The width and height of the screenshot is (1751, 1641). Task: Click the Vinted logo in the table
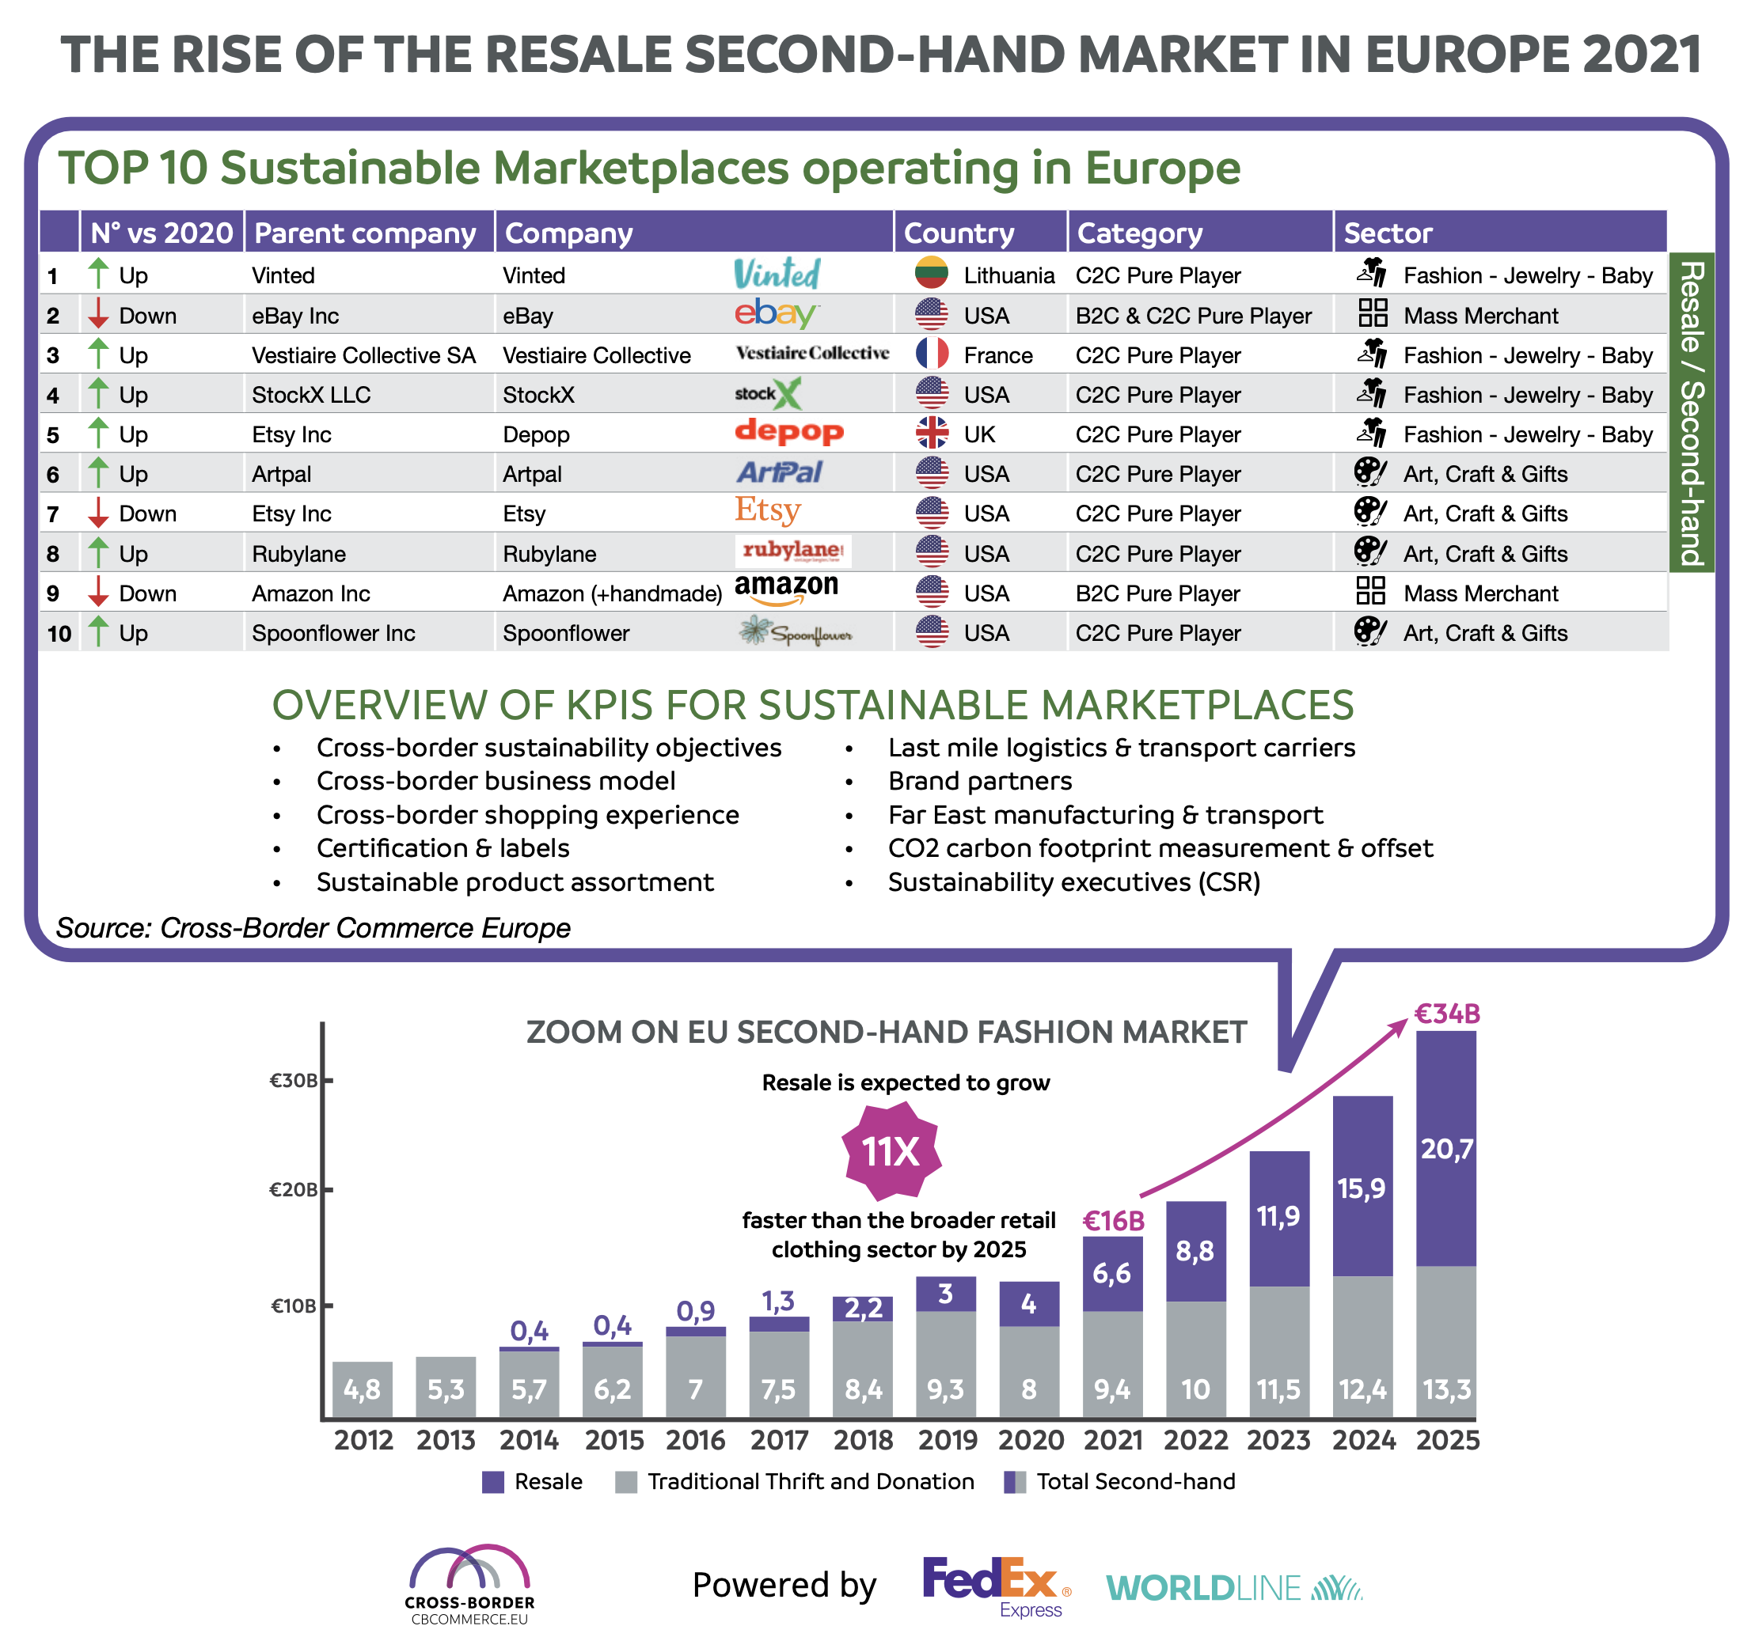777,274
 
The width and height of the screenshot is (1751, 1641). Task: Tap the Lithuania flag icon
931,274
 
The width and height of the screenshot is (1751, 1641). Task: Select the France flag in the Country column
931,354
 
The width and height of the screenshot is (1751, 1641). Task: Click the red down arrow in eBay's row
99,314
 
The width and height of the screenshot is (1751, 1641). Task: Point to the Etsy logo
767,510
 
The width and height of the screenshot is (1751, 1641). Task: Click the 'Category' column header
1139,233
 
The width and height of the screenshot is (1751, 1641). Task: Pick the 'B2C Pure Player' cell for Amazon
1157,593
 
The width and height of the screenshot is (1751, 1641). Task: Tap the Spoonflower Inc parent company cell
333,633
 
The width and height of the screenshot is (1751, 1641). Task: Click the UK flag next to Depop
931,433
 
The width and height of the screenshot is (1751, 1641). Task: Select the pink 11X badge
891,1151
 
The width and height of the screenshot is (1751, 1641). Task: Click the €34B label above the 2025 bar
1446,1014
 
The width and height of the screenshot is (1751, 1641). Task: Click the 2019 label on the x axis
947,1440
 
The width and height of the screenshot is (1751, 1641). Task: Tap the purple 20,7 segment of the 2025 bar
1445,1149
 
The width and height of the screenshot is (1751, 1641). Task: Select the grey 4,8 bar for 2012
362,1389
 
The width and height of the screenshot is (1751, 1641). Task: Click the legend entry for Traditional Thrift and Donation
795,1482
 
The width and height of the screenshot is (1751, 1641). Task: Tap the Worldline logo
1233,1588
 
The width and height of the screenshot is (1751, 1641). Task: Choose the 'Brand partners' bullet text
979,781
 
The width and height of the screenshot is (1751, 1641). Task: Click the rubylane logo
792,551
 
